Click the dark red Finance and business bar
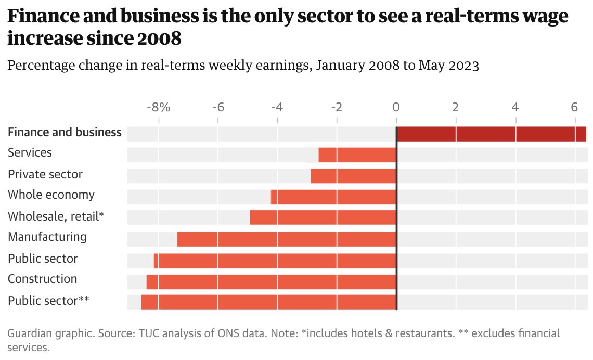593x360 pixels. click(491, 134)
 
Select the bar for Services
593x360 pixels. click(357, 155)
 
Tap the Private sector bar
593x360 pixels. click(354, 176)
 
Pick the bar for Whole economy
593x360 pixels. click(333, 197)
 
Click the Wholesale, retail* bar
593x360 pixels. click(323, 217)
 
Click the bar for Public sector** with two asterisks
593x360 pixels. click(268, 302)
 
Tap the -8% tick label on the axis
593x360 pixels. click(158, 108)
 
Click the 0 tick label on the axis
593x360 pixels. click(396, 108)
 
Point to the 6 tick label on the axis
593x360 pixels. click(574, 108)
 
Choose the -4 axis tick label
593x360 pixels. click(277, 108)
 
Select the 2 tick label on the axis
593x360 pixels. click(455, 108)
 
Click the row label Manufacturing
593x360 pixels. click(47, 237)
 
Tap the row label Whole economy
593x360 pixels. click(51, 195)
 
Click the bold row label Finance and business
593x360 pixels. click(65, 132)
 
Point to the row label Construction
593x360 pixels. click(42, 279)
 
